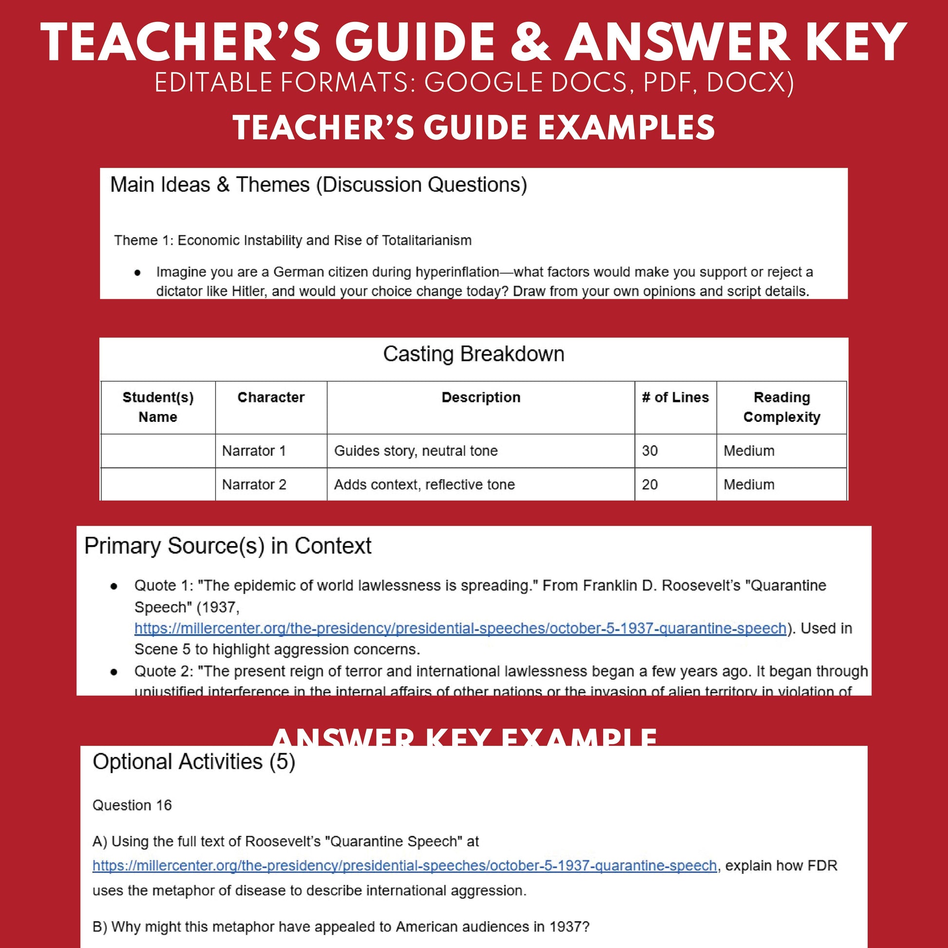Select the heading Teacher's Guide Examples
474,127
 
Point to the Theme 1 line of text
292,241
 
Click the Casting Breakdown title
474,354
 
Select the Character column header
271,398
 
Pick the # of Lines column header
675,398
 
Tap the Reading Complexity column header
781,407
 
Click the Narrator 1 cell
254,451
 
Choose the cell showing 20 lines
650,485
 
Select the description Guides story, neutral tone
416,451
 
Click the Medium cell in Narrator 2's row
749,485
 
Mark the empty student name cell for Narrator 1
158,451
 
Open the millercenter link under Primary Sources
460,628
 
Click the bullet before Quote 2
114,672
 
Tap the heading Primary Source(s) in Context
228,546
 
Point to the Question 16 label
132,805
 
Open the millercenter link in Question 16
404,866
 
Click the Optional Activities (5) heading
194,762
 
